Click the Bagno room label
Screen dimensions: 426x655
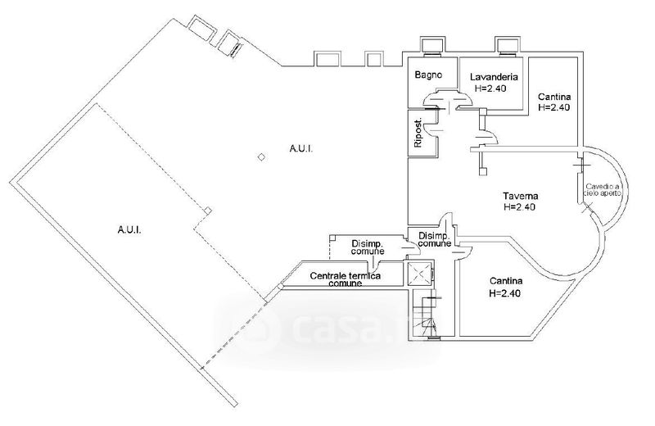pyautogui.click(x=428, y=75)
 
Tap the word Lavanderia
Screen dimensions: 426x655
pyautogui.click(x=491, y=78)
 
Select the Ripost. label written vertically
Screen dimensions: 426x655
pyautogui.click(x=418, y=134)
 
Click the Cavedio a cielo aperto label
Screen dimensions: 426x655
pyautogui.click(x=603, y=191)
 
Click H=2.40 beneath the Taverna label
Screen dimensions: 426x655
pyautogui.click(x=520, y=207)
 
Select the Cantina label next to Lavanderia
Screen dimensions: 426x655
pyautogui.click(x=554, y=97)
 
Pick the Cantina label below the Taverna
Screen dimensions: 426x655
pyautogui.click(x=505, y=282)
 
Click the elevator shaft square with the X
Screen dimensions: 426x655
pyautogui.click(x=419, y=274)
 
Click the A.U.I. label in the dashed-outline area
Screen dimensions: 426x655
pyautogui.click(x=129, y=230)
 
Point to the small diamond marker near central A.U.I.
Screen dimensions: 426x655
pyautogui.click(x=261, y=157)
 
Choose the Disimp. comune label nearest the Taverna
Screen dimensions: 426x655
pyautogui.click(x=433, y=239)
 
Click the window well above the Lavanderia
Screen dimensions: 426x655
pyautogui.click(x=504, y=46)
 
